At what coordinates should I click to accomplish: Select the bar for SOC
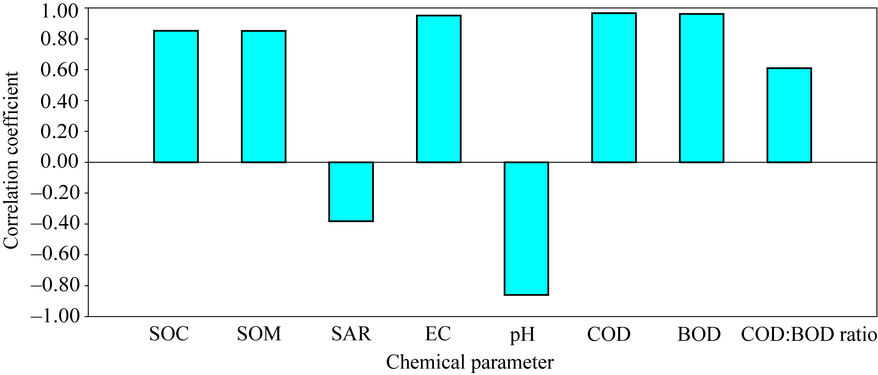(x=176, y=96)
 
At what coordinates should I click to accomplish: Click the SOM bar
(x=263, y=96)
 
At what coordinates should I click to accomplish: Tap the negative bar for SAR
(x=351, y=192)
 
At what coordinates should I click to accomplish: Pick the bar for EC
(x=439, y=89)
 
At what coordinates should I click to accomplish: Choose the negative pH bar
(x=526, y=228)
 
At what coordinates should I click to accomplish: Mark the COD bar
(x=614, y=88)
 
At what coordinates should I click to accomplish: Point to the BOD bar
(x=702, y=88)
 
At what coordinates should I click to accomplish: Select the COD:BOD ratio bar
(x=789, y=115)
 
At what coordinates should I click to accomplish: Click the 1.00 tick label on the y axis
(x=60, y=11)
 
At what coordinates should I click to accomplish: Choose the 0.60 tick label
(x=60, y=69)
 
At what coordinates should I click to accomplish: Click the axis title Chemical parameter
(x=470, y=362)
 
